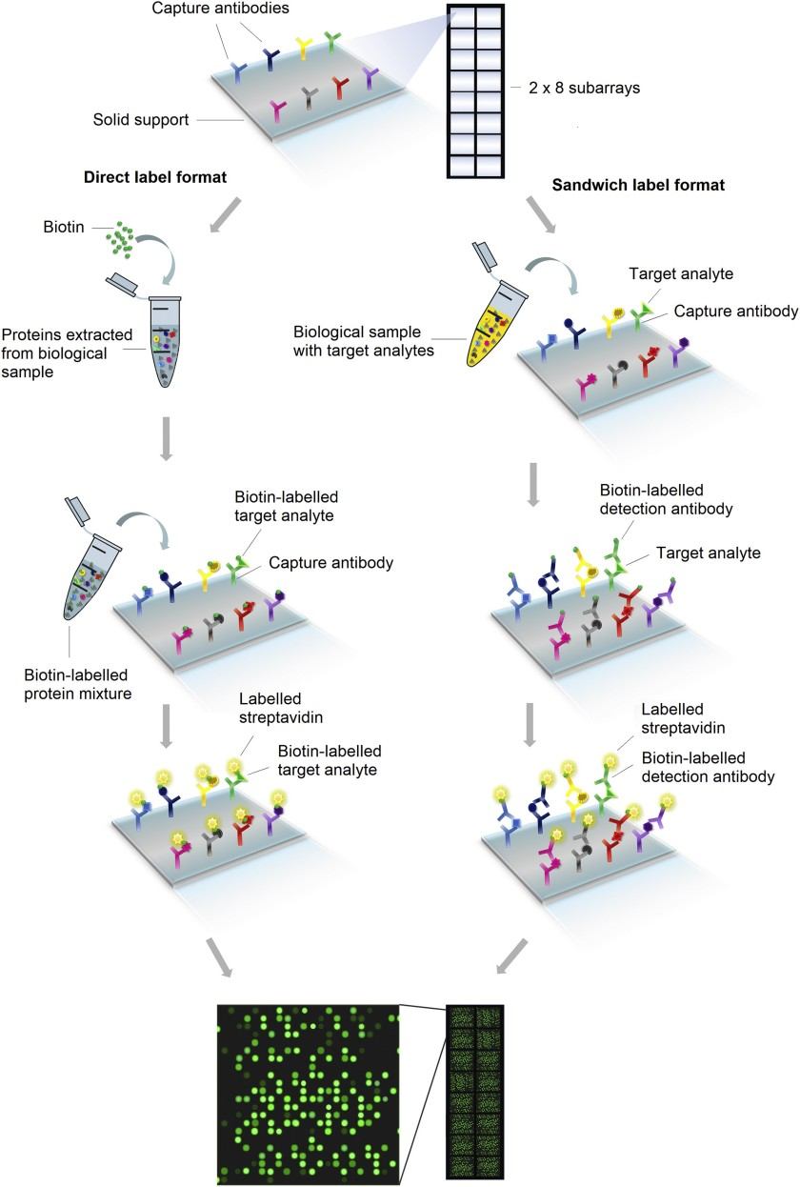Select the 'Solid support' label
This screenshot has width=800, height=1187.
(x=141, y=120)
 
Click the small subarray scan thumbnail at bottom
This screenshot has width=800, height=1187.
(x=474, y=1093)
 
